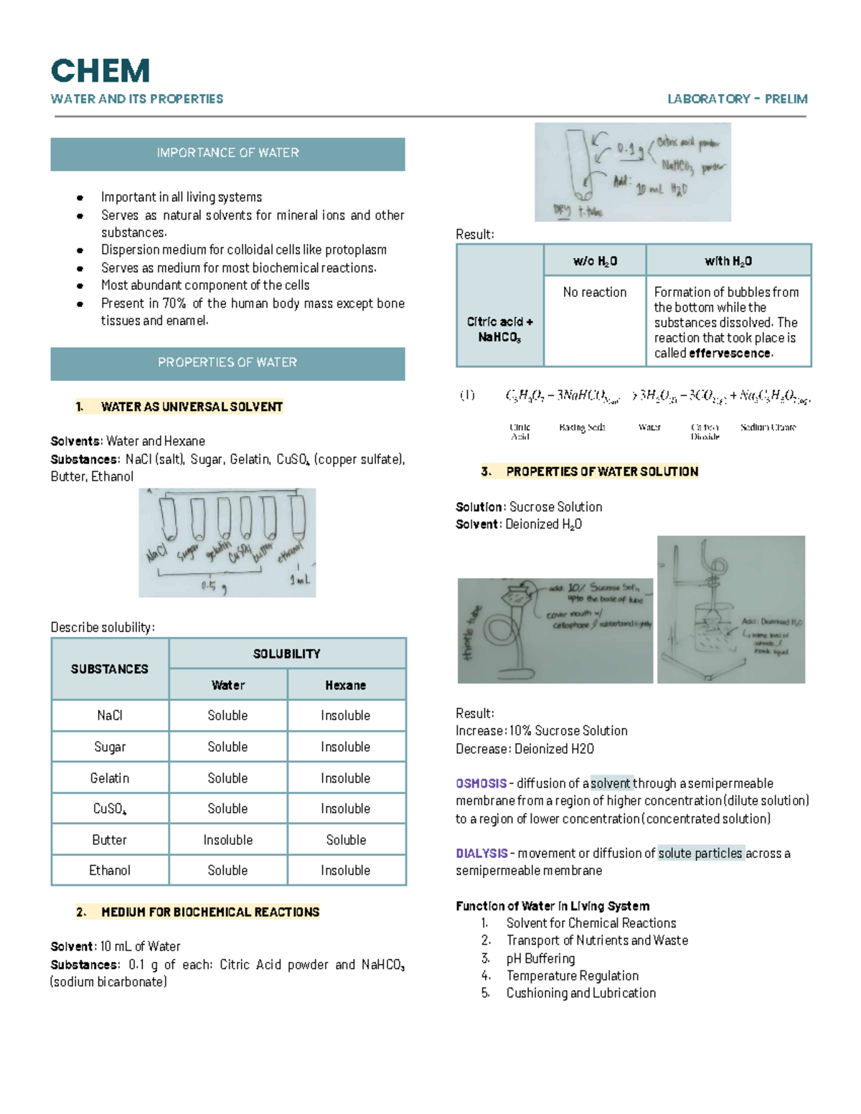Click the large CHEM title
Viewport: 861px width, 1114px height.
pyautogui.click(x=100, y=71)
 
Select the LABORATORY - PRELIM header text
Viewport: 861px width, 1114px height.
pyautogui.click(x=737, y=99)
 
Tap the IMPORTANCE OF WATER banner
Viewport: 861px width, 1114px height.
pyautogui.click(x=227, y=153)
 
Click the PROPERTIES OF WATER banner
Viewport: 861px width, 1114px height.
pyautogui.click(x=227, y=363)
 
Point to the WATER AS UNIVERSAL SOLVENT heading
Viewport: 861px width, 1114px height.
pyautogui.click(x=192, y=407)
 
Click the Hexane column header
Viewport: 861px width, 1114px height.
pyautogui.click(x=346, y=685)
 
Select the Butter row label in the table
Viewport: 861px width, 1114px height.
pyautogui.click(x=110, y=840)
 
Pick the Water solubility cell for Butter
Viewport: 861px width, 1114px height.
pyautogui.click(x=227, y=840)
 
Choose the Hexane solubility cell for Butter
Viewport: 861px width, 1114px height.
pyautogui.click(x=346, y=840)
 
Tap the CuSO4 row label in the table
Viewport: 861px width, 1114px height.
pyautogui.click(x=110, y=809)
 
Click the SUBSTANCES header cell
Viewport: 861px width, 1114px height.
pyautogui.click(x=110, y=669)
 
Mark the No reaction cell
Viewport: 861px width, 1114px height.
pyautogui.click(x=595, y=292)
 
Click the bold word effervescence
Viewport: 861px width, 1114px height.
pyautogui.click(x=730, y=354)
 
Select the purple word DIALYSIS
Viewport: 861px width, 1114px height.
pyautogui.click(x=481, y=854)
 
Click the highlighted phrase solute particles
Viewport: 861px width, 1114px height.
pyautogui.click(x=700, y=854)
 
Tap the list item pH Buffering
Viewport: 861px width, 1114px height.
pyautogui.click(x=540, y=958)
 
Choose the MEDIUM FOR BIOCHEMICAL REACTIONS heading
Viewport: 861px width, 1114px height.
pyautogui.click(x=210, y=912)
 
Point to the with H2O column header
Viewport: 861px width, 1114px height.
pyautogui.click(x=728, y=261)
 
